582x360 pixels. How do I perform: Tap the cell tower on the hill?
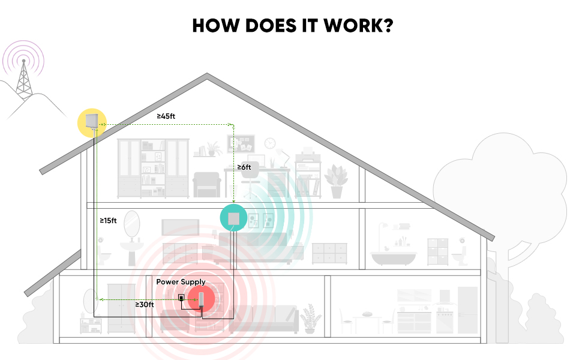(x=23, y=78)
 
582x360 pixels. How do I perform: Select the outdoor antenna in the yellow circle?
(x=92, y=122)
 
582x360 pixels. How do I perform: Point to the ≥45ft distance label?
(x=166, y=116)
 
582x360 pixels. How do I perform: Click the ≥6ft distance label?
(x=244, y=167)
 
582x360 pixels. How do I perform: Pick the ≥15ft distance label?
(x=109, y=221)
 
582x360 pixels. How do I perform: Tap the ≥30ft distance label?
(x=144, y=305)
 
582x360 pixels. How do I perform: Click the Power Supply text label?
(x=181, y=281)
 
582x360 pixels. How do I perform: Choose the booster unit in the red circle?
(x=202, y=298)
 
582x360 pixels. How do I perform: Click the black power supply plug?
(x=181, y=298)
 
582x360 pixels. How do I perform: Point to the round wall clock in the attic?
(x=270, y=143)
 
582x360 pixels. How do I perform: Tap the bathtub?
(x=394, y=257)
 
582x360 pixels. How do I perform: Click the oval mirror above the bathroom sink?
(x=131, y=224)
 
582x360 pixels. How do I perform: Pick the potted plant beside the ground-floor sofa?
(x=310, y=318)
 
